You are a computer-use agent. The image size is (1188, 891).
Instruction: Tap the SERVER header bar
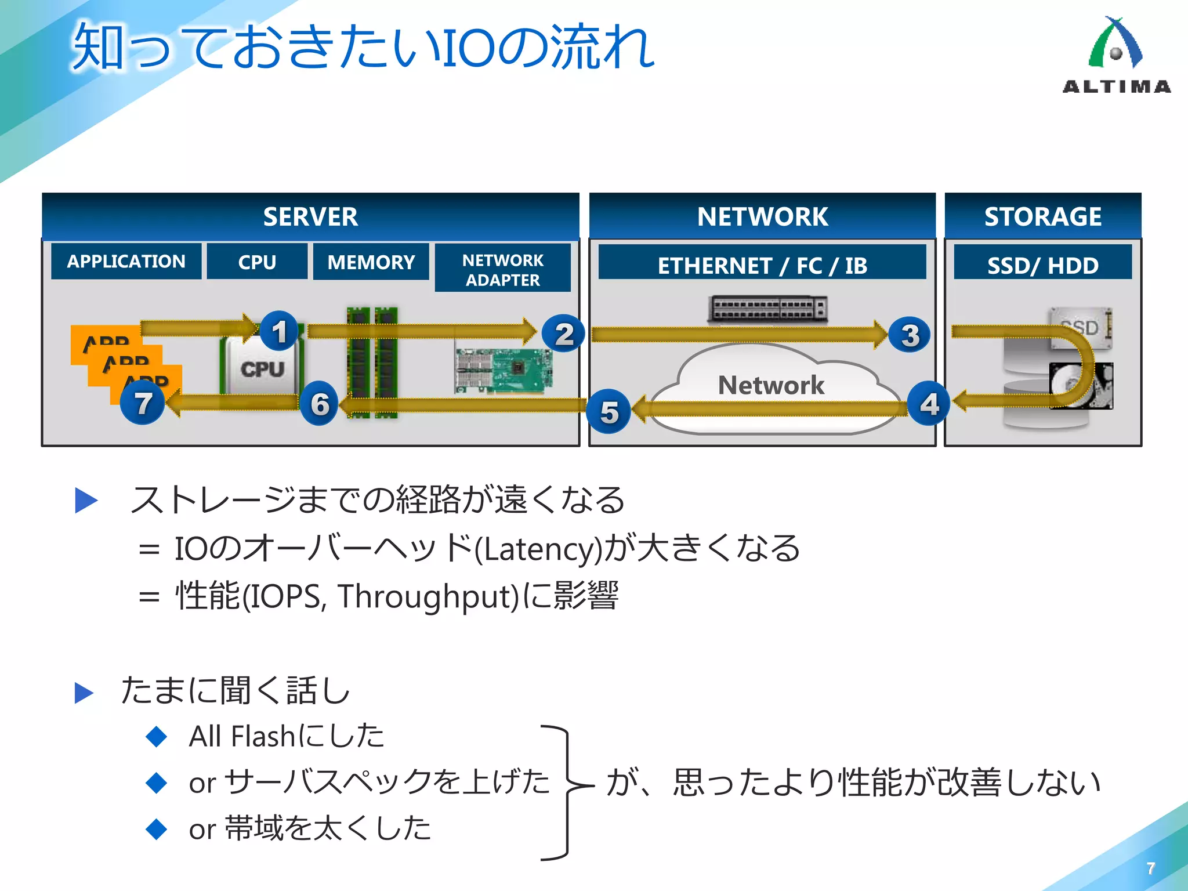coord(310,216)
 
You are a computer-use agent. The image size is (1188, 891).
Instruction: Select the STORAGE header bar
coord(1042,216)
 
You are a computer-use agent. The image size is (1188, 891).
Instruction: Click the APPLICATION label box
coord(126,262)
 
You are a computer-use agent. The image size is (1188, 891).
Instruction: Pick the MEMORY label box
coord(371,262)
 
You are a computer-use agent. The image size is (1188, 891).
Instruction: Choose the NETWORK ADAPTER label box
coord(502,270)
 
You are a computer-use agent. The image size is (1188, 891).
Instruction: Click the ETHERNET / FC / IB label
coord(762,265)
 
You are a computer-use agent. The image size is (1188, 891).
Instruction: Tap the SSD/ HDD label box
coord(1042,265)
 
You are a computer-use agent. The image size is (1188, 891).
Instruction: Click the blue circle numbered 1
coord(279,331)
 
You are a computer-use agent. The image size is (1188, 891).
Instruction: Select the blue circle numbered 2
coord(563,335)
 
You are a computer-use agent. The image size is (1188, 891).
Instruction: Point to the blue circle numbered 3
coord(909,335)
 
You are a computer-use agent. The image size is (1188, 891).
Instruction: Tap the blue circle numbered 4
coord(929,404)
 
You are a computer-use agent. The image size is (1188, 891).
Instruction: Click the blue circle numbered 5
coord(609,412)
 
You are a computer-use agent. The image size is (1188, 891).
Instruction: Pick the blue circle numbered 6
coord(319,404)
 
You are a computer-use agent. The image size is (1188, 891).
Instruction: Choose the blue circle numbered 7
coord(143,403)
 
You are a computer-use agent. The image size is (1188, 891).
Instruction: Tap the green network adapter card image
coord(504,370)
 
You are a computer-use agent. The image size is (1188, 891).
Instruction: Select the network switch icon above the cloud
coord(767,309)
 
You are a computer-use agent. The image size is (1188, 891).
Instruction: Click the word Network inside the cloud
coord(770,385)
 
